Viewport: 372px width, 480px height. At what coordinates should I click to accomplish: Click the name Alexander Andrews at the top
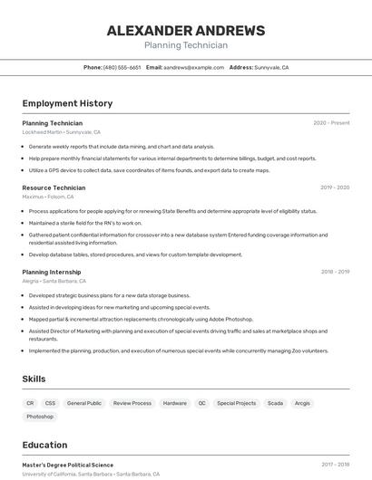click(x=186, y=31)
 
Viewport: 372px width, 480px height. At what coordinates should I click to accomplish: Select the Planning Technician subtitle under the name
click(x=186, y=45)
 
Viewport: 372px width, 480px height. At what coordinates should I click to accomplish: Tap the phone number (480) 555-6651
click(x=122, y=67)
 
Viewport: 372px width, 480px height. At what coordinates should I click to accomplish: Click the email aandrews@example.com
click(x=194, y=67)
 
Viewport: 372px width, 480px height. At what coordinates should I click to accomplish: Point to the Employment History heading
click(x=67, y=103)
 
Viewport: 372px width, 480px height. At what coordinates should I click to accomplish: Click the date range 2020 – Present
click(x=331, y=123)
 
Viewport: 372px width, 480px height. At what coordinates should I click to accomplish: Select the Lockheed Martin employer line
click(x=61, y=132)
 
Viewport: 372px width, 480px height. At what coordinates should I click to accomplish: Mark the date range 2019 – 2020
click(x=334, y=187)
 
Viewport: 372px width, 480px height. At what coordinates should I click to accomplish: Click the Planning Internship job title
click(x=52, y=272)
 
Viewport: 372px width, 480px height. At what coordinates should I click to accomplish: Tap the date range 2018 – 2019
click(x=335, y=272)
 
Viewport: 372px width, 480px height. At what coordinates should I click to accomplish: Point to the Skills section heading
click(x=34, y=379)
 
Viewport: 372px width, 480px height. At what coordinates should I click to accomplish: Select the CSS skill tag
click(x=50, y=403)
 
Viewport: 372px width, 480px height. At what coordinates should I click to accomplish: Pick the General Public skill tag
click(x=84, y=403)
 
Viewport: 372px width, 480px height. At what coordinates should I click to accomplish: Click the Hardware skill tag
click(x=175, y=403)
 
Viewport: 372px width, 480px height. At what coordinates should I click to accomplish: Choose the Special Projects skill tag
click(x=237, y=403)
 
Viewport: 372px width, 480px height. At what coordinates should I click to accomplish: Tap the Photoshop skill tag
click(x=40, y=417)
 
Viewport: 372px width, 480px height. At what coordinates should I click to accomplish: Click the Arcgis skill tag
click(x=302, y=403)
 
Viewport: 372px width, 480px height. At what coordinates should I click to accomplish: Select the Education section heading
click(x=44, y=445)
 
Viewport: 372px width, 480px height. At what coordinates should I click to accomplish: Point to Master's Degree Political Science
click(x=68, y=465)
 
